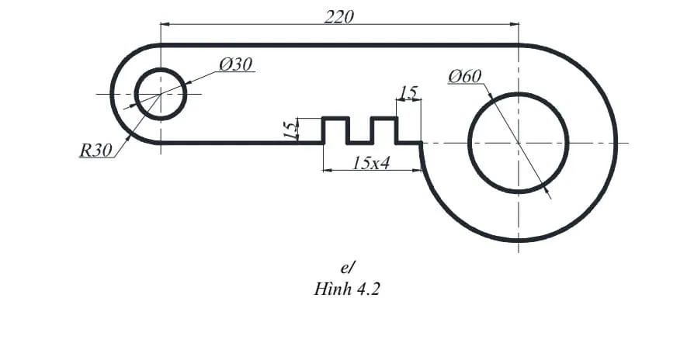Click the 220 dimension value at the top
(x=339, y=16)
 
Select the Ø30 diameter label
(x=235, y=65)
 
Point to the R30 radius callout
(x=95, y=151)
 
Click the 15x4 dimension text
(x=370, y=163)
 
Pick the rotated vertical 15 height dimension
(x=290, y=130)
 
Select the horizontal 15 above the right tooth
(x=408, y=93)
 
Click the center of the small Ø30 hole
(x=161, y=94)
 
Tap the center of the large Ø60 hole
(x=518, y=143)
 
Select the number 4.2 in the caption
(x=368, y=290)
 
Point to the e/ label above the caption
(x=347, y=268)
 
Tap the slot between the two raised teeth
(x=359, y=135)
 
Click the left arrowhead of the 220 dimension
(x=165, y=24)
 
